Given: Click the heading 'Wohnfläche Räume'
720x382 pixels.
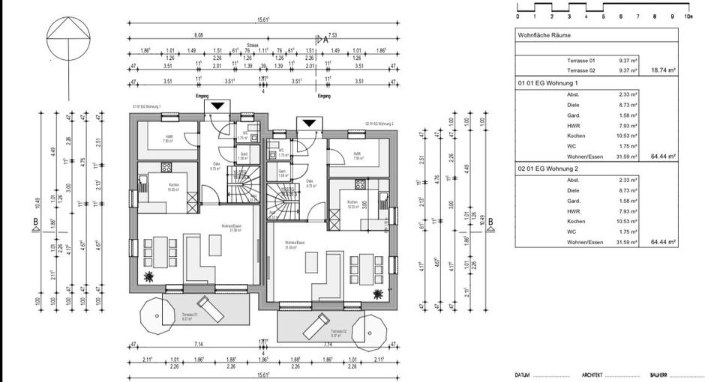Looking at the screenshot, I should click(544, 35).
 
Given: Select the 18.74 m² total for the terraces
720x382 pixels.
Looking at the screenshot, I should click(664, 69).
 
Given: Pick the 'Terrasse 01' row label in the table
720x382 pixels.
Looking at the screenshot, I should click(581, 59).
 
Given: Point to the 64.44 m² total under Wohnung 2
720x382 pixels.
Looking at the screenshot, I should click(664, 243).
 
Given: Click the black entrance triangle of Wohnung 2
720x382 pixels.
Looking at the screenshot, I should click(307, 122).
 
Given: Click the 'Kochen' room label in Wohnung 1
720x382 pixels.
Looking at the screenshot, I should click(173, 187).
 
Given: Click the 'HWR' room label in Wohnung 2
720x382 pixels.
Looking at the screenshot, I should click(358, 154).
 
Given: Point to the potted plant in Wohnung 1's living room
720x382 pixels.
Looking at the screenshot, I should click(149, 276).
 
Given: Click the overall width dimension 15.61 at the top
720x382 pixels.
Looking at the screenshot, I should click(261, 22).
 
